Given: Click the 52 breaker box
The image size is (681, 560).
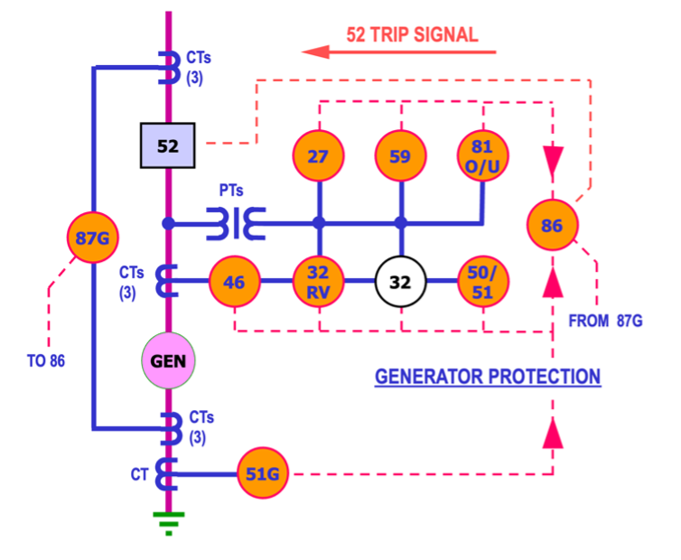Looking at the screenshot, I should pos(168,145).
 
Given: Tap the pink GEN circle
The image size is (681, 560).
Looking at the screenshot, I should pos(168,361).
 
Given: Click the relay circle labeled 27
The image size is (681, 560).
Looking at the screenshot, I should pos(318,156).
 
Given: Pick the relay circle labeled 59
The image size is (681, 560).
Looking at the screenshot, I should pos(400,156).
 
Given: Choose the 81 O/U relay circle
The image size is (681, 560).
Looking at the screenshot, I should pos(482,156).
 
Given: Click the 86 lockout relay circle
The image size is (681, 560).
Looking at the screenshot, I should pos(552,225).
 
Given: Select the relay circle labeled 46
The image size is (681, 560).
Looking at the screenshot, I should pos(234,282).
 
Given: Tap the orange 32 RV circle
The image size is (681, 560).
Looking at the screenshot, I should pos(318,282).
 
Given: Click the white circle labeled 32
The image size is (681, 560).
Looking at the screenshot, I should pos(400,282).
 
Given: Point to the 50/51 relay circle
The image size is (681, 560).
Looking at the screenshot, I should pos(482,282).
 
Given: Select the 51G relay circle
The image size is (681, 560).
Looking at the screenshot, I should pos(263,473).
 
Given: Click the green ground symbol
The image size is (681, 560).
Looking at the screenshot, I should pos(168,521).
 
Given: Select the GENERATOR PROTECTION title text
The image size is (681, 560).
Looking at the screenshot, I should pos(488,376).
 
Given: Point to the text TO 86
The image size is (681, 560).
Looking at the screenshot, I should pos(45,360).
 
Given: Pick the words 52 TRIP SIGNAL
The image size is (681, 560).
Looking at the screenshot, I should pos(412,35).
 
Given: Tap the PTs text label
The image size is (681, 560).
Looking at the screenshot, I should pos(230,191).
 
